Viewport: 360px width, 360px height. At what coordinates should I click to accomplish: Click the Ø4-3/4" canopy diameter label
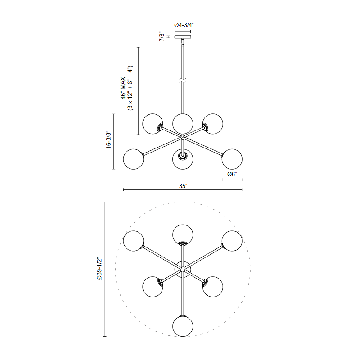pos(184,25)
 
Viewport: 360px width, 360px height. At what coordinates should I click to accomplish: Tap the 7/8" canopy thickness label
pos(162,37)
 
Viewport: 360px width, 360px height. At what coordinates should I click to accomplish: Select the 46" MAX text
pos(123,88)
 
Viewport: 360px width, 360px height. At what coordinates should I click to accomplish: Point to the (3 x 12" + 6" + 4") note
pos(130,88)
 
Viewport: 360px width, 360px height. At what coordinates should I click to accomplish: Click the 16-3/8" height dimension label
pos(108,140)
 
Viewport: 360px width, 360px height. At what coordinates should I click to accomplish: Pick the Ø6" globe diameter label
pos(232,174)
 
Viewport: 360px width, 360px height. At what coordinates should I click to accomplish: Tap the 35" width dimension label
pos(183,186)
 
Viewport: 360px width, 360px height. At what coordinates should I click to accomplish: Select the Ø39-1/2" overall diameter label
pos(99,269)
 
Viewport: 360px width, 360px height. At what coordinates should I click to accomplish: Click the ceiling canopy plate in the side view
pos(183,37)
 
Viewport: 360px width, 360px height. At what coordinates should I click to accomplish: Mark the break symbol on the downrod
pos(183,81)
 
